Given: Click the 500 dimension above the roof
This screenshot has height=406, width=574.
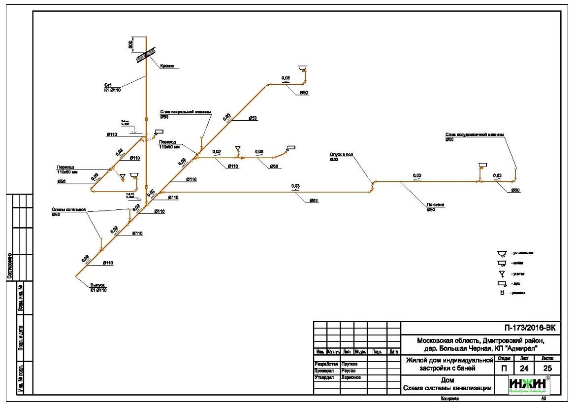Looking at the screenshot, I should [131, 44].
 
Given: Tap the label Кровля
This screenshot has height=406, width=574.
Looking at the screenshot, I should [167, 66].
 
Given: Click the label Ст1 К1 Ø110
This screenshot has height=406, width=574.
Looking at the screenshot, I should [113, 87].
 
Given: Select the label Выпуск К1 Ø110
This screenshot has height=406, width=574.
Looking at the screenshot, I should [98, 288].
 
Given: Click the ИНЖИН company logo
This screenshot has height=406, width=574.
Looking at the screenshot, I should [528, 385].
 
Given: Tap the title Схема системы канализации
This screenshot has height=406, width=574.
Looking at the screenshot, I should [447, 388].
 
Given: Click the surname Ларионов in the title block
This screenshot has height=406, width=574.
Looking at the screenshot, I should [351, 377].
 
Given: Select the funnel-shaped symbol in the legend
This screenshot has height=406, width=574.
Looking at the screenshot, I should [502, 273].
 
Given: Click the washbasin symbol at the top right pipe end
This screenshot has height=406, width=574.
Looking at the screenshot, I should [302, 68].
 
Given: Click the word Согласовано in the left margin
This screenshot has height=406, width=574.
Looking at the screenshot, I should [9, 267].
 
